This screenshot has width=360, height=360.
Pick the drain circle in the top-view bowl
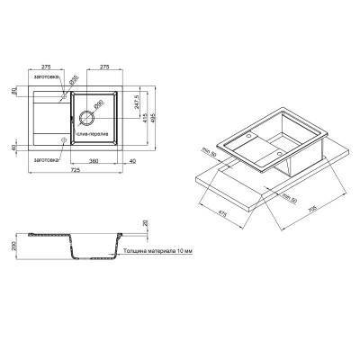(x=89, y=116)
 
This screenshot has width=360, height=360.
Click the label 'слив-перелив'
(x=93, y=133)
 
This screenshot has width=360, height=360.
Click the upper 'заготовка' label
(x=47, y=80)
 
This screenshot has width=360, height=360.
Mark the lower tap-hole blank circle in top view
(x=62, y=141)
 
